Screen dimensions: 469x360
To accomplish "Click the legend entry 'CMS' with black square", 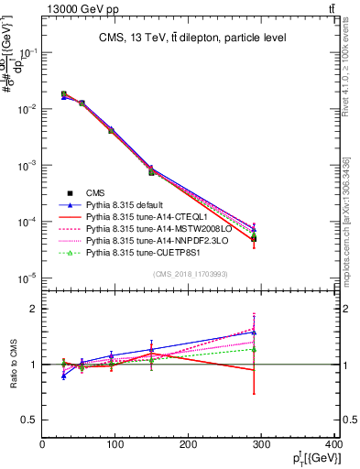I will [x=91, y=193].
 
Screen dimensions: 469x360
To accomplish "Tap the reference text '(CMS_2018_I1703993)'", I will [x=190, y=274].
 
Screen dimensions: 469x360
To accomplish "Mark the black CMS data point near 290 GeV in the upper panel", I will [x=266, y=238].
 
